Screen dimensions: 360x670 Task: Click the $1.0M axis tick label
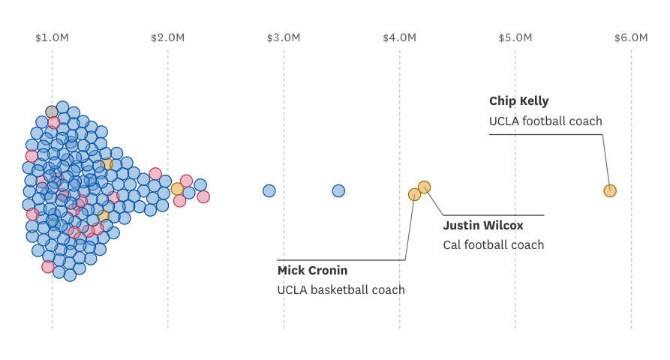52,37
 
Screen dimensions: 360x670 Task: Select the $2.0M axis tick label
167,37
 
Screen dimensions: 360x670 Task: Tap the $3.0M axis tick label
284,37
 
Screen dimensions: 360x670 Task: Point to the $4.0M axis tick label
399,37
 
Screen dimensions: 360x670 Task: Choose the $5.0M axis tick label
515,37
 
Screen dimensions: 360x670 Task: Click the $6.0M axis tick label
631,37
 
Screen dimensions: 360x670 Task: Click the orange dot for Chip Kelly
610,190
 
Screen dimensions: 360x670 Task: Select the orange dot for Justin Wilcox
424,187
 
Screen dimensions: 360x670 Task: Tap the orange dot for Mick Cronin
414,194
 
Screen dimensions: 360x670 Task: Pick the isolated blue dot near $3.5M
338,190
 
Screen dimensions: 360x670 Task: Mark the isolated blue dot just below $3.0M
269,190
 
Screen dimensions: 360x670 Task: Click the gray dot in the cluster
52,112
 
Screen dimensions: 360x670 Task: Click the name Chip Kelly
518,101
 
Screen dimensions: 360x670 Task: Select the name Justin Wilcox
482,225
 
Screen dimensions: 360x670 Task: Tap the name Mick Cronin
312,270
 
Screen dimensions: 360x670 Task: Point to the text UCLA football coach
545,121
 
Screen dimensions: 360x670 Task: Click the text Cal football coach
493,244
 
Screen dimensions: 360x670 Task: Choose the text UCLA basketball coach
341,289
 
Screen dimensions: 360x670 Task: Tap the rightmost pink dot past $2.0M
203,196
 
